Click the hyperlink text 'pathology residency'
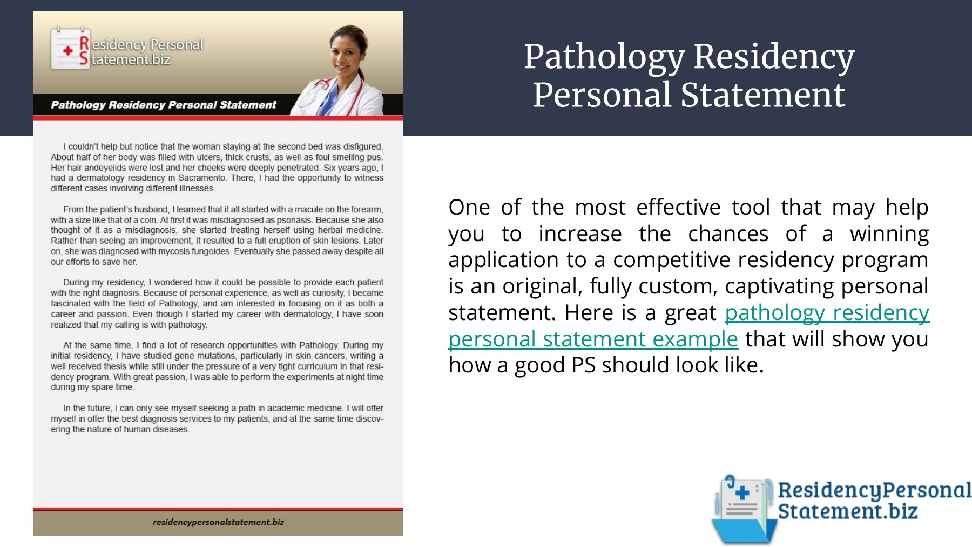[827, 312]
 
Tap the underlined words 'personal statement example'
[593, 339]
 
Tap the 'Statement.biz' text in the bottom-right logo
[847, 511]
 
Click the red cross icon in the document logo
[67, 51]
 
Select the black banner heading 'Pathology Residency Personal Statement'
[163, 105]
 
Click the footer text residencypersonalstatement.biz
[218, 522]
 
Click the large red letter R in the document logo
[84, 43]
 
